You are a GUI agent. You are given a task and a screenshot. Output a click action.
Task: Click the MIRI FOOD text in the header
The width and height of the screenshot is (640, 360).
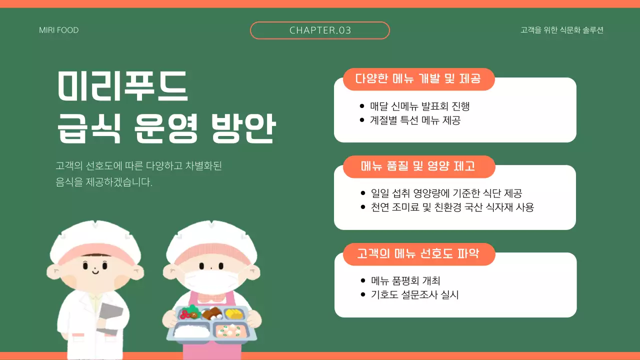tap(59, 30)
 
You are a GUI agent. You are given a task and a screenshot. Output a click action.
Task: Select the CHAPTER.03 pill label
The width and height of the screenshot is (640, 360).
tap(320, 30)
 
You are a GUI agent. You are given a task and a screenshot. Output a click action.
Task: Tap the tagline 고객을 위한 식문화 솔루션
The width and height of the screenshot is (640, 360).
tap(562, 30)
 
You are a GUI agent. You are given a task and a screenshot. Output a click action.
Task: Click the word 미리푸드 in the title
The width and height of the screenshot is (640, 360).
tap(123, 85)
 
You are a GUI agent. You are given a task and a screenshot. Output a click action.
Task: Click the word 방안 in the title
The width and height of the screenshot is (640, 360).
tap(243, 128)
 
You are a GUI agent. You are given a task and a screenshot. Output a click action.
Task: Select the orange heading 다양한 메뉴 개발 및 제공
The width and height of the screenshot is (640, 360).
tap(418, 79)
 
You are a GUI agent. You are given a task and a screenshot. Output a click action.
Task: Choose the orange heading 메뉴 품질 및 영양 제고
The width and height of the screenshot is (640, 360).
tap(418, 166)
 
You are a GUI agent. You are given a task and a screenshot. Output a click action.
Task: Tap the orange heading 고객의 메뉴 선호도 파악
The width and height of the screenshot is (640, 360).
tap(418, 254)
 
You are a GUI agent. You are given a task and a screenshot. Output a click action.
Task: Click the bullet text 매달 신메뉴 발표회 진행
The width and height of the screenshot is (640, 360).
tap(420, 106)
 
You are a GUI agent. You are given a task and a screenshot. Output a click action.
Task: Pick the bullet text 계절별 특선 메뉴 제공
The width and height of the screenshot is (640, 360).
tap(415, 120)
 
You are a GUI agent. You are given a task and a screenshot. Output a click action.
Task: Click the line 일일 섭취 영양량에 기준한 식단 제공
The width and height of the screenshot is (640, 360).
tap(446, 193)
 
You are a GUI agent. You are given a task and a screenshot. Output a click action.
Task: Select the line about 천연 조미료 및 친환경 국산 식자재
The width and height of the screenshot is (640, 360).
tap(452, 207)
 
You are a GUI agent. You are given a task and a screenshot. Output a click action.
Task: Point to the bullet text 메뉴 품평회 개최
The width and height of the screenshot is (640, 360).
tap(405, 281)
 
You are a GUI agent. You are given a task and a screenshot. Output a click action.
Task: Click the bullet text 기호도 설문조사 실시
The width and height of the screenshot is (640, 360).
tap(414, 294)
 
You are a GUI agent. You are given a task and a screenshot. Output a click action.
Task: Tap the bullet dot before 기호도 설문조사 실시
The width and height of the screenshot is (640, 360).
tap(362, 294)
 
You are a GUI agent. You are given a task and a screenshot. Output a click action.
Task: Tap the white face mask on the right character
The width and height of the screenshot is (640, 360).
tap(210, 280)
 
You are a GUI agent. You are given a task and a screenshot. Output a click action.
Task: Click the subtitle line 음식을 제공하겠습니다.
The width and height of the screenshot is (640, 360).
tap(104, 182)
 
